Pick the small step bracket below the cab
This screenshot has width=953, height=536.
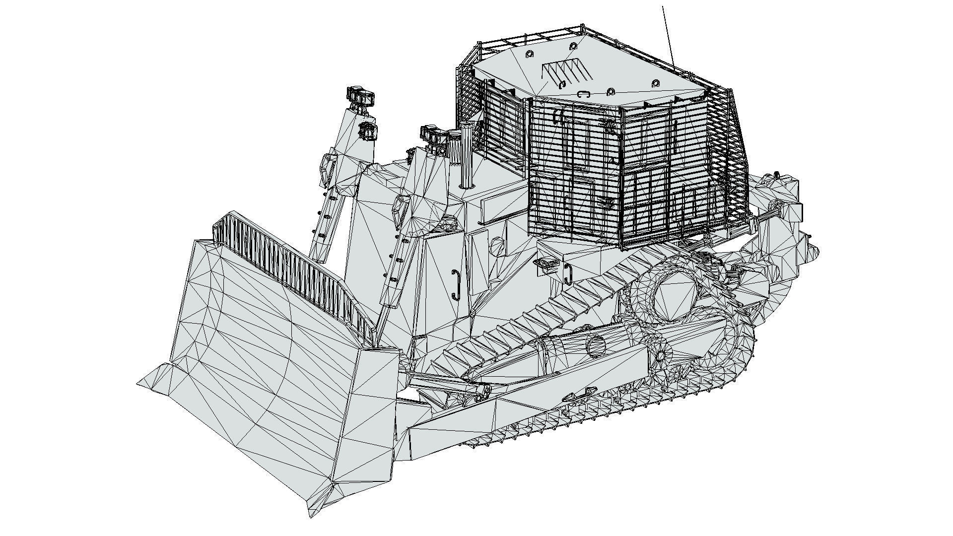[545, 264]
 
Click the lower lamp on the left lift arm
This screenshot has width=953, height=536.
[368, 130]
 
